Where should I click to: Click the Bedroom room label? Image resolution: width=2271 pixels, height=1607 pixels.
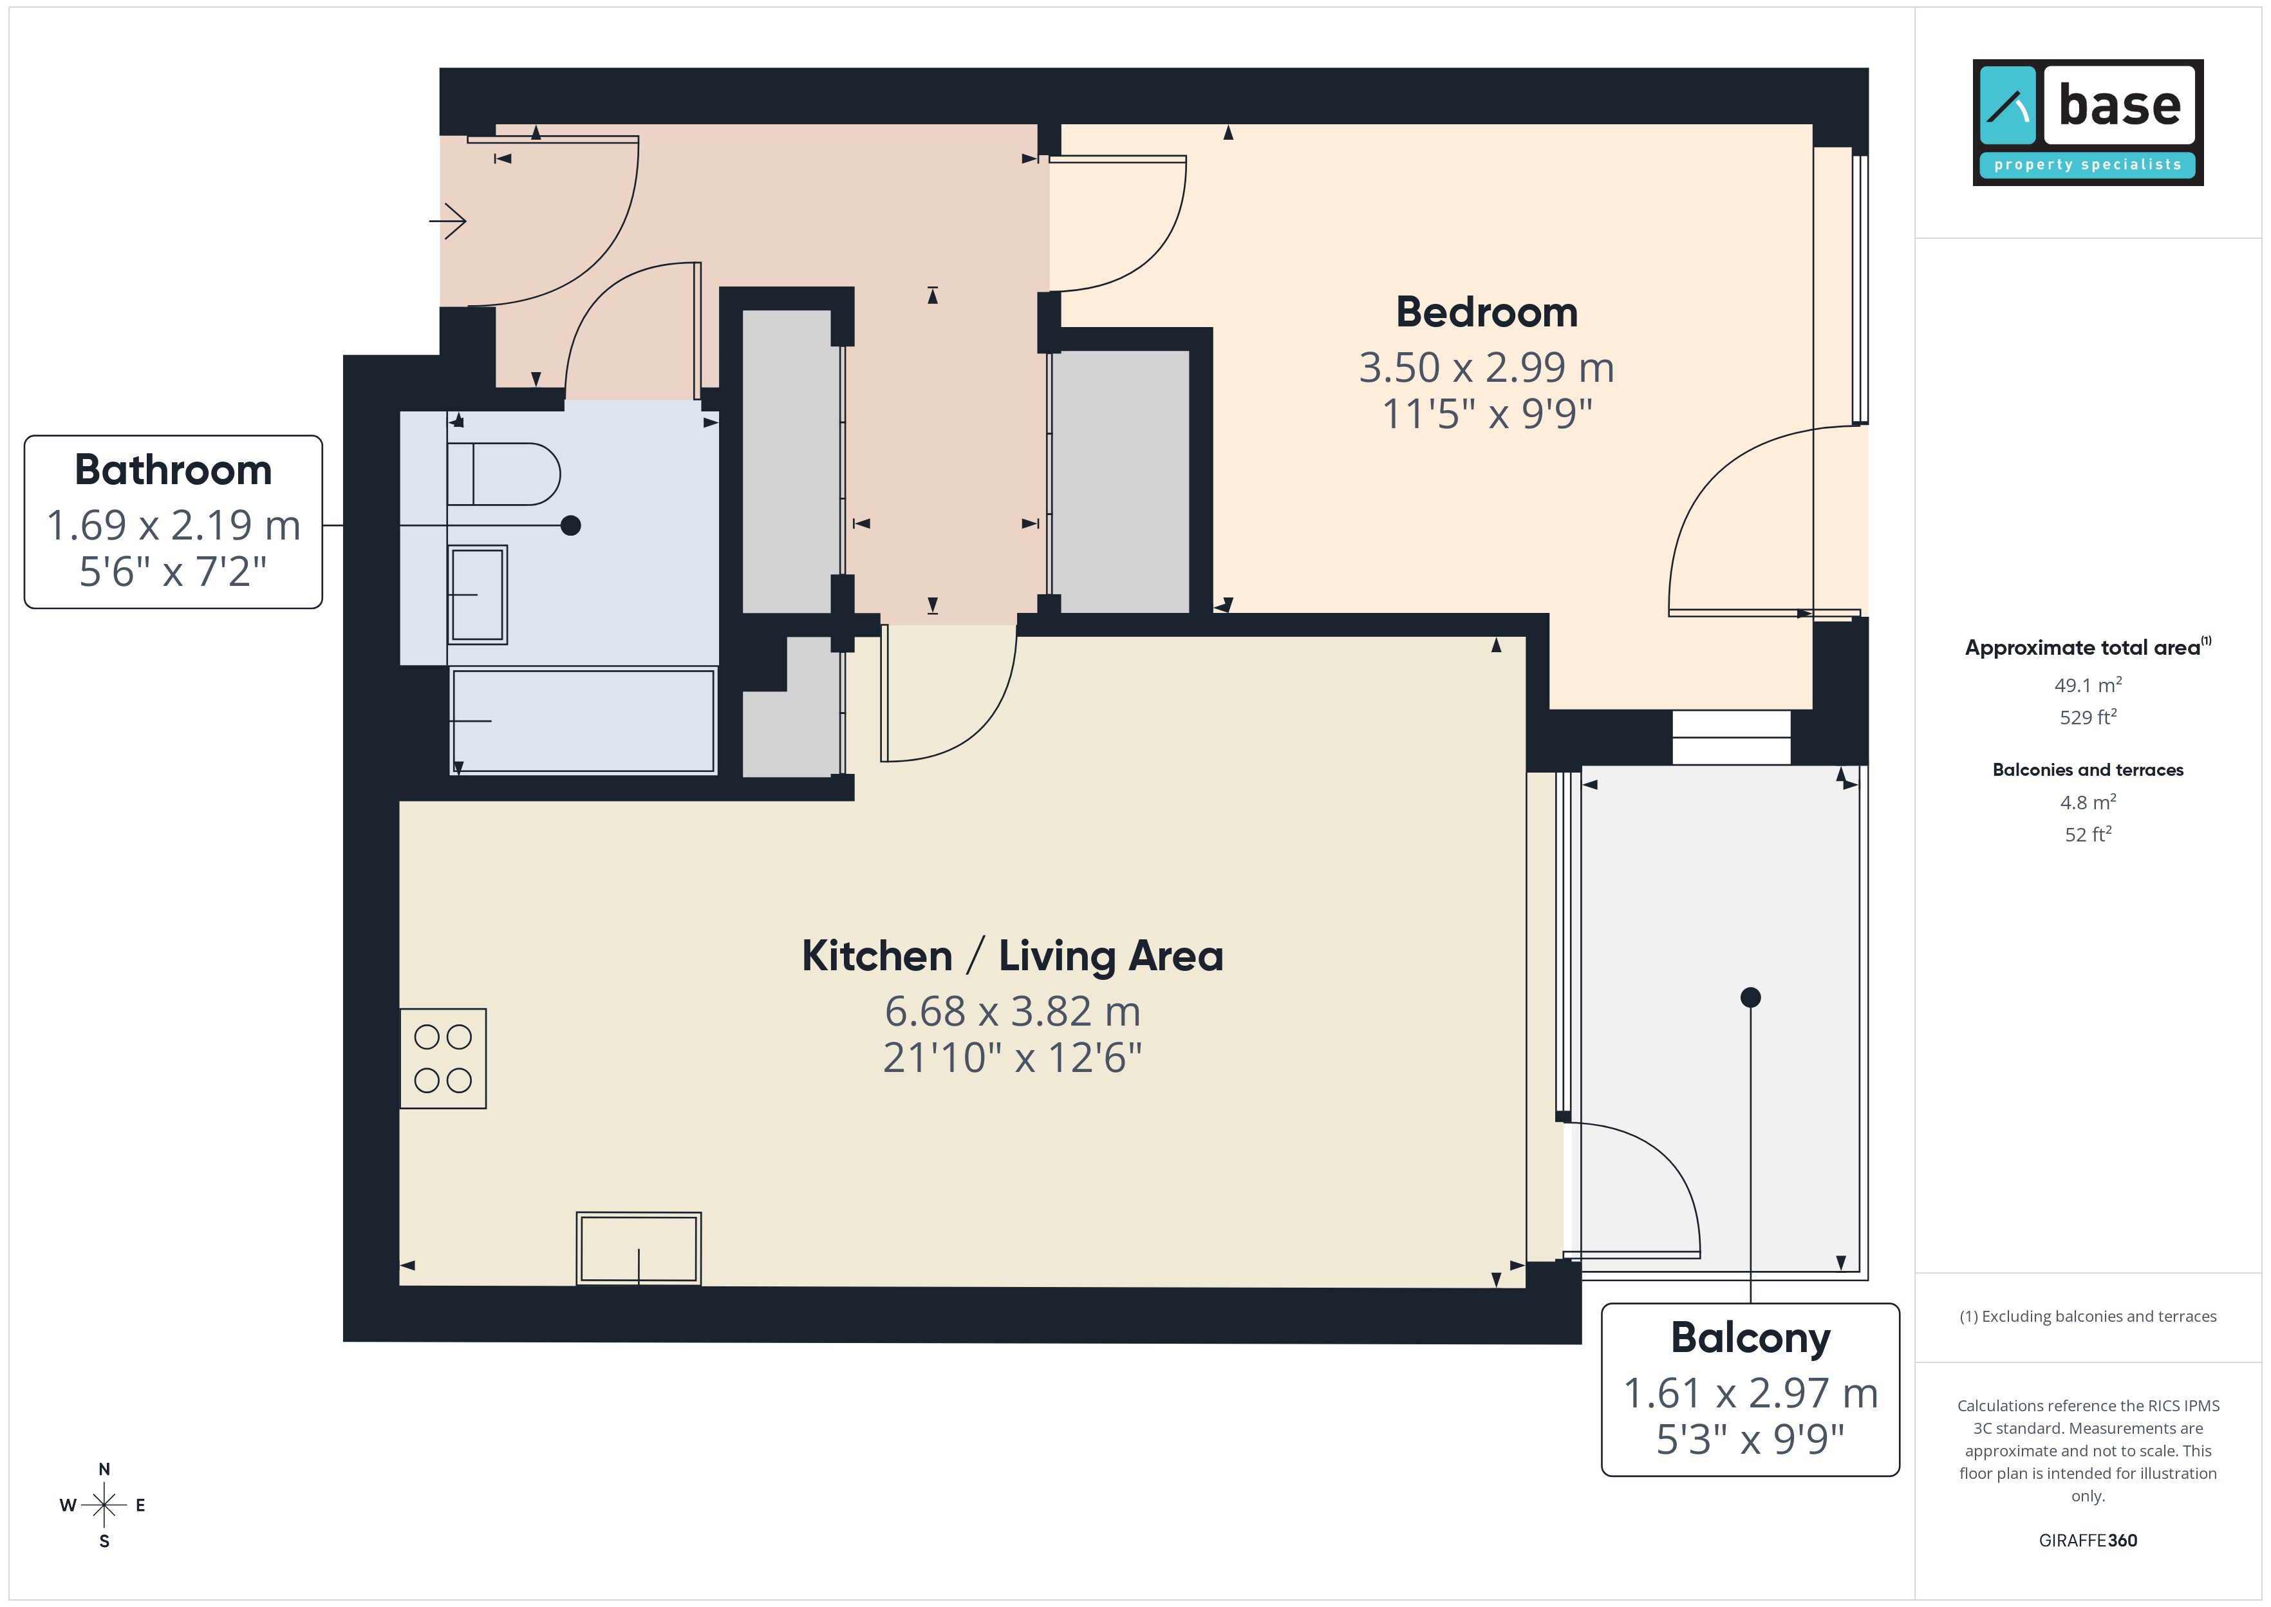(1486, 313)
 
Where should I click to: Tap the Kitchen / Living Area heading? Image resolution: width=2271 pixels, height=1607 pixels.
(1012, 957)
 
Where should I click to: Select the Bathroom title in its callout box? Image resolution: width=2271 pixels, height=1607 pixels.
(173, 470)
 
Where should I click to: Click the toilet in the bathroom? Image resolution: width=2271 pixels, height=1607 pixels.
(503, 474)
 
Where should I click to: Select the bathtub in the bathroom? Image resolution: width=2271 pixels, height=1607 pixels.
(583, 720)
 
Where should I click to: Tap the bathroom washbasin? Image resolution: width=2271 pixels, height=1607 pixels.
(478, 595)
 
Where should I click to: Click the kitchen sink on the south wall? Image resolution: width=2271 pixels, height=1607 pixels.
(639, 1249)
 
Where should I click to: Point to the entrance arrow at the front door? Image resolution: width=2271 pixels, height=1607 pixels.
(447, 221)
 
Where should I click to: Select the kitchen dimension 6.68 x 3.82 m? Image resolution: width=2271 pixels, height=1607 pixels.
(1013, 1011)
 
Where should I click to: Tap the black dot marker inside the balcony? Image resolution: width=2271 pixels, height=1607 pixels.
(1751, 997)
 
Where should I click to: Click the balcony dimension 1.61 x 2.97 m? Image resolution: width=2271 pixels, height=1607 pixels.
(1751, 1393)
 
